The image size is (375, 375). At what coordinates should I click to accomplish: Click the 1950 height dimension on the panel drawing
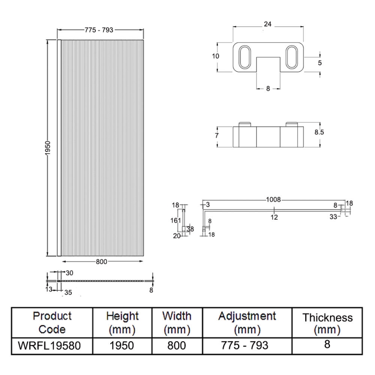48,149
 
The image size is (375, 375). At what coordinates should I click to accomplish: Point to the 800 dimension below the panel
102,262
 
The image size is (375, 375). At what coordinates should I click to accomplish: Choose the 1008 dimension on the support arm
274,200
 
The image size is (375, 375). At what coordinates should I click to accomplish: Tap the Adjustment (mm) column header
247,322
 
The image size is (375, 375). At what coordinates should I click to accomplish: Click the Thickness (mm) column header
327,323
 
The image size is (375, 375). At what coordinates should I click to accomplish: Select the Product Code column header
52,322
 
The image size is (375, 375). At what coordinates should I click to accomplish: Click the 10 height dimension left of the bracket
216,56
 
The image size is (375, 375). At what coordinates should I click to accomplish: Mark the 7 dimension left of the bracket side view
217,136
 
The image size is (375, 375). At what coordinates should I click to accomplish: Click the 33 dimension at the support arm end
333,217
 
